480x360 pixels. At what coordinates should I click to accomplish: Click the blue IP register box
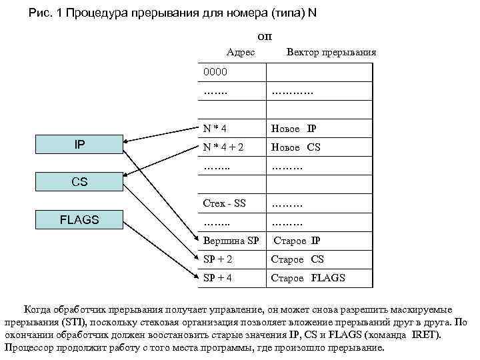(x=79, y=144)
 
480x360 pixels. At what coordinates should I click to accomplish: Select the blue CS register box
(x=79, y=181)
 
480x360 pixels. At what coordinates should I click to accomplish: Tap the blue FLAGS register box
(x=79, y=219)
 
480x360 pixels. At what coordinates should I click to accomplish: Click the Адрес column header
(x=241, y=52)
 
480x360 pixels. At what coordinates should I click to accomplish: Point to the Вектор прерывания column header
(x=331, y=52)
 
